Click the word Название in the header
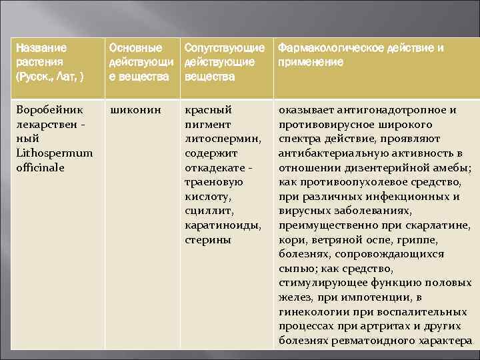[41, 48]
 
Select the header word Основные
[135, 48]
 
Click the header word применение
[311, 62]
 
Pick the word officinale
[40, 167]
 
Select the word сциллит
[207, 211]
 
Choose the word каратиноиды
[217, 225]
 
